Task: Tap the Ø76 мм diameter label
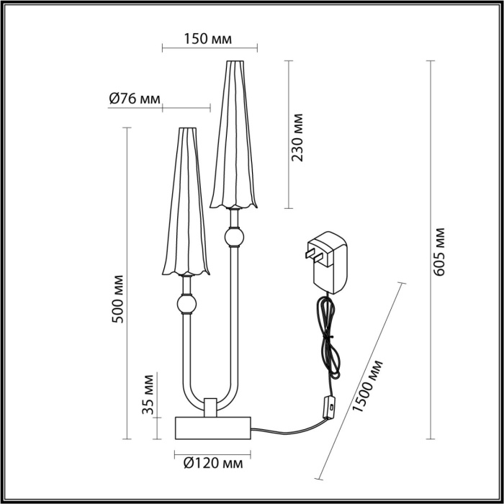pyautogui.click(x=134, y=99)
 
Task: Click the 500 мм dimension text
pyautogui.click(x=120, y=298)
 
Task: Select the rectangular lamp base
pyautogui.click(x=212, y=428)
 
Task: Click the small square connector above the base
pyautogui.click(x=211, y=407)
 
